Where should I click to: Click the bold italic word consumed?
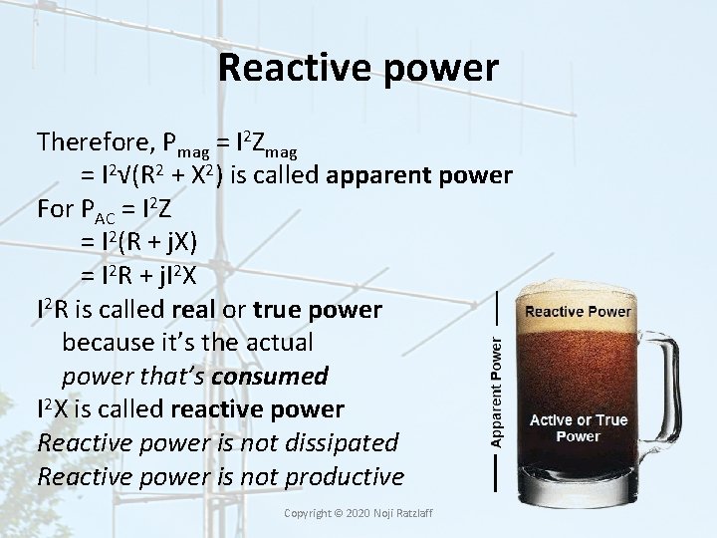click(274, 377)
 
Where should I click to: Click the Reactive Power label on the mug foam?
click(578, 312)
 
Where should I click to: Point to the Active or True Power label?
click(578, 428)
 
